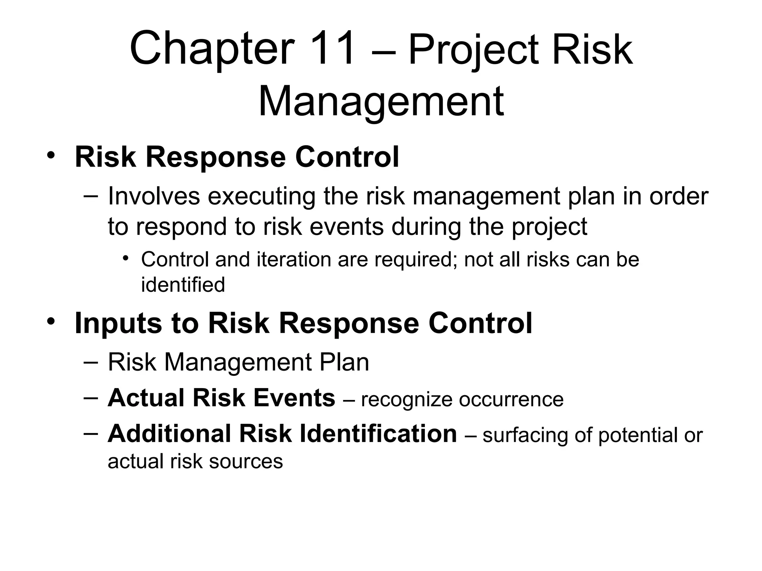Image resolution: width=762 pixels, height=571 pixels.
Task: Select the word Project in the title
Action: point(473,50)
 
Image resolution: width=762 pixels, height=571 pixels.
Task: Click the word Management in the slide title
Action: point(381,101)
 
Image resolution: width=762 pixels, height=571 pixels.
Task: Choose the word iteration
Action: point(294,259)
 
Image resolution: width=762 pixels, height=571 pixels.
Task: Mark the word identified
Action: point(183,285)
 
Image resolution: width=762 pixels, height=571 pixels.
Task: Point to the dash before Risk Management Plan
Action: point(91,362)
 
